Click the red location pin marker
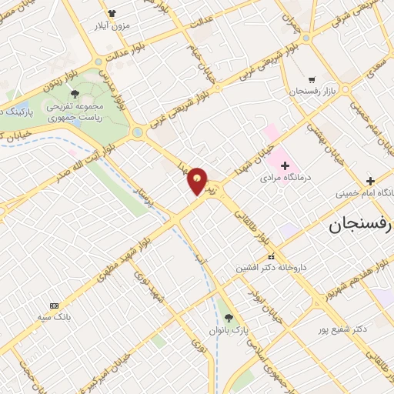198,181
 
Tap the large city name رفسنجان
360,225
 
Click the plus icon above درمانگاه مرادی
285,165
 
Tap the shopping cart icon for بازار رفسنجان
312,79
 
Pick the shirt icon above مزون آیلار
112,14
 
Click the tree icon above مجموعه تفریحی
74,94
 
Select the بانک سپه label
55,316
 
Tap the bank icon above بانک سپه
54,305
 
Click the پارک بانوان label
228,329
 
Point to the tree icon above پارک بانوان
228,317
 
